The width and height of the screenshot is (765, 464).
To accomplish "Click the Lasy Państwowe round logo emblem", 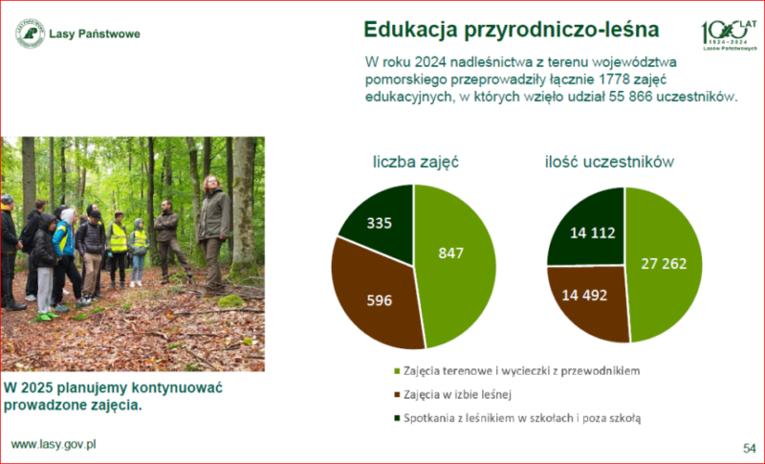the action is [31, 33].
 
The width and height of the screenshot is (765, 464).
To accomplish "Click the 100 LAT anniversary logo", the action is [730, 35].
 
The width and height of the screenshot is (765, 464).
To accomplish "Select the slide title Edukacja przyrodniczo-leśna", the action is [512, 30].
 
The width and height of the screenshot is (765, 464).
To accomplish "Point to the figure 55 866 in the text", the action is [630, 96].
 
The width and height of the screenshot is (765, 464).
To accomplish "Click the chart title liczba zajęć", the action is [416, 162].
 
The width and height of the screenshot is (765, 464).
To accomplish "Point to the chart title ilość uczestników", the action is [609, 162].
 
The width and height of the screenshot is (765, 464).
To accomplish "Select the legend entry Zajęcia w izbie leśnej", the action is [452, 394].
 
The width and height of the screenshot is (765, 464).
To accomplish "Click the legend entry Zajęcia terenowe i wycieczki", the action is [516, 371].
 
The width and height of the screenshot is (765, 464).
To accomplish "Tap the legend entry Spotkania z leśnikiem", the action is [517, 418].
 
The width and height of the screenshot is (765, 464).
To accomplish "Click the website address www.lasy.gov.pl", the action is [54, 445].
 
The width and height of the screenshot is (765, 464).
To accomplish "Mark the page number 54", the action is [749, 448].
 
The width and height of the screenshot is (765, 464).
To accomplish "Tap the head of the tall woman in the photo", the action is [212, 184].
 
